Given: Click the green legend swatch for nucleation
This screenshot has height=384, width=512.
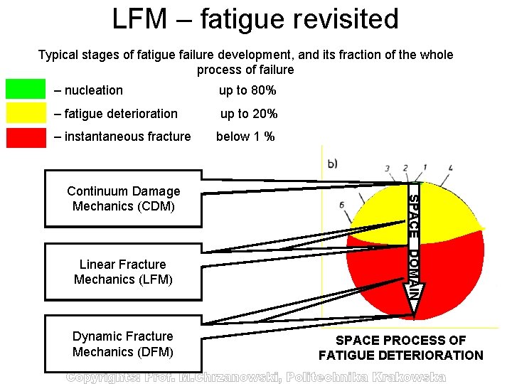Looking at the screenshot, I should tap(26, 89).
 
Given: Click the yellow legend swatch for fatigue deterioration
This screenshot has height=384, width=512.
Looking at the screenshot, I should tap(26, 112).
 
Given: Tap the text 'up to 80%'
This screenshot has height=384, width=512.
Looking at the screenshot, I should tap(247, 90).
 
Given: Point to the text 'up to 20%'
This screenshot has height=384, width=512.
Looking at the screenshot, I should tap(248, 114).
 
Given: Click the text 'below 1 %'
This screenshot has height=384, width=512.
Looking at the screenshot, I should tap(245, 137).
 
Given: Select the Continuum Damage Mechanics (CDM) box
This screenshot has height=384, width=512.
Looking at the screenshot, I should tap(123, 198).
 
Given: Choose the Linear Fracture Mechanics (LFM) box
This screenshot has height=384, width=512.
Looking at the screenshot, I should tap(123, 272).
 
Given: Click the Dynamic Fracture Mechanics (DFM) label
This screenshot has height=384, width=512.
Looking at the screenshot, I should tap(123, 343).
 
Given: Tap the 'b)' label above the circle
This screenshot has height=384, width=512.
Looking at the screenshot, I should tap(332, 164).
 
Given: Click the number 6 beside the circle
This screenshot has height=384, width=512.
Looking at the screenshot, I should tap(342, 205).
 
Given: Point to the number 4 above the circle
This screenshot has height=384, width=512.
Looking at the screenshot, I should tap(450, 169).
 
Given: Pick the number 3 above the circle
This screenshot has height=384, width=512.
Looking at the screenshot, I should tap(387, 169).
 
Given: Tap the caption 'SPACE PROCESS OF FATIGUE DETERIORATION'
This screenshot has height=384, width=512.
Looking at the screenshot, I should tap(401, 348).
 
